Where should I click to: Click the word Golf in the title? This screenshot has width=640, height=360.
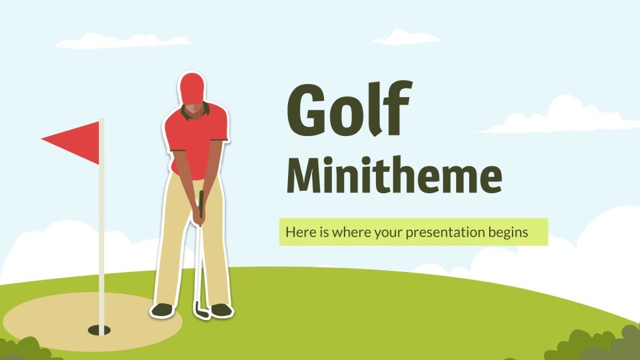pos(348,110)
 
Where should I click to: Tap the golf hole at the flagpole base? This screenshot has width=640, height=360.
pos(99,329)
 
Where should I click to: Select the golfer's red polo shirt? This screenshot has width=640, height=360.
pos(197,137)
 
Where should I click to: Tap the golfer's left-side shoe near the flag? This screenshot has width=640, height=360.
pos(162,310)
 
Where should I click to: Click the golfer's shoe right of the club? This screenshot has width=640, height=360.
pos(222,310)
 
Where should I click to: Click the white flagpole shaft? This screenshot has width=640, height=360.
pos(102,229)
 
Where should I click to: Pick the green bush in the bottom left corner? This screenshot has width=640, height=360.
pos(26,349)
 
